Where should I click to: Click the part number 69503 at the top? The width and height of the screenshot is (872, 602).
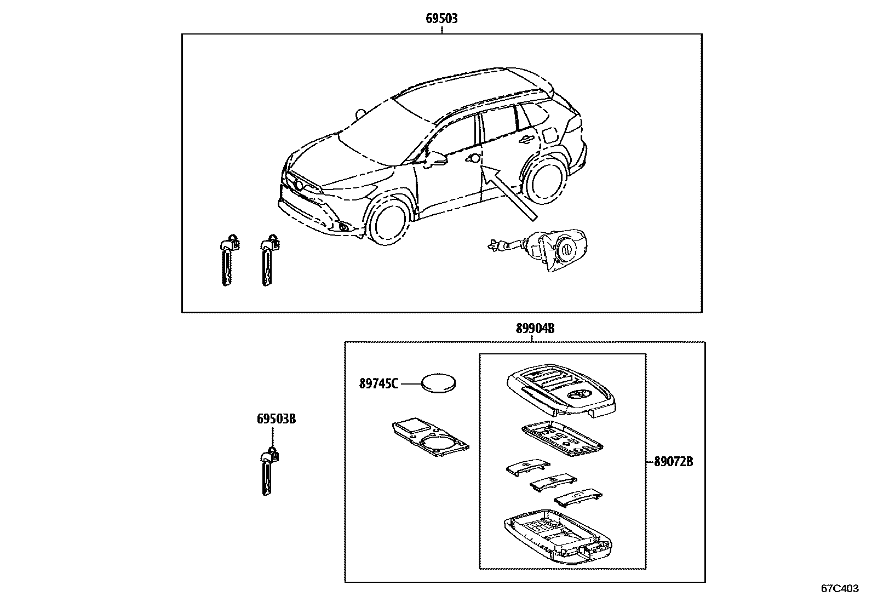pyautogui.click(x=441, y=19)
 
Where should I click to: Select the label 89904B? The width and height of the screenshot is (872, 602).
pyautogui.click(x=535, y=329)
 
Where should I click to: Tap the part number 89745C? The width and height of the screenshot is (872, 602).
pyautogui.click(x=378, y=383)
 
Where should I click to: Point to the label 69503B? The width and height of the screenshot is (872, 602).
pyautogui.click(x=276, y=419)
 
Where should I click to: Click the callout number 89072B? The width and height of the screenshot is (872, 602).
pyautogui.click(x=673, y=462)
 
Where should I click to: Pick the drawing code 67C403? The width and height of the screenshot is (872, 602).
pyautogui.click(x=839, y=588)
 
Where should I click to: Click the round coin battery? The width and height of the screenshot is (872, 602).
pyautogui.click(x=439, y=383)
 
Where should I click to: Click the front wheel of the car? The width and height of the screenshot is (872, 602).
pyautogui.click(x=389, y=222)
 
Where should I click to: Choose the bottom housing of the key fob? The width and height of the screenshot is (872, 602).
pyautogui.click(x=556, y=540)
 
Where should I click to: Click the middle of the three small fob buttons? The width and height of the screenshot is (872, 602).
pyautogui.click(x=551, y=483)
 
